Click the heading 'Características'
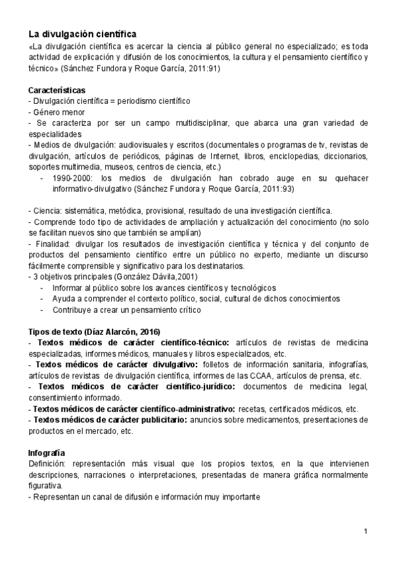56,89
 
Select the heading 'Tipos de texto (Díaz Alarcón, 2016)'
93,331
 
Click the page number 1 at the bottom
365,531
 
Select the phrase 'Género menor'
54,112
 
